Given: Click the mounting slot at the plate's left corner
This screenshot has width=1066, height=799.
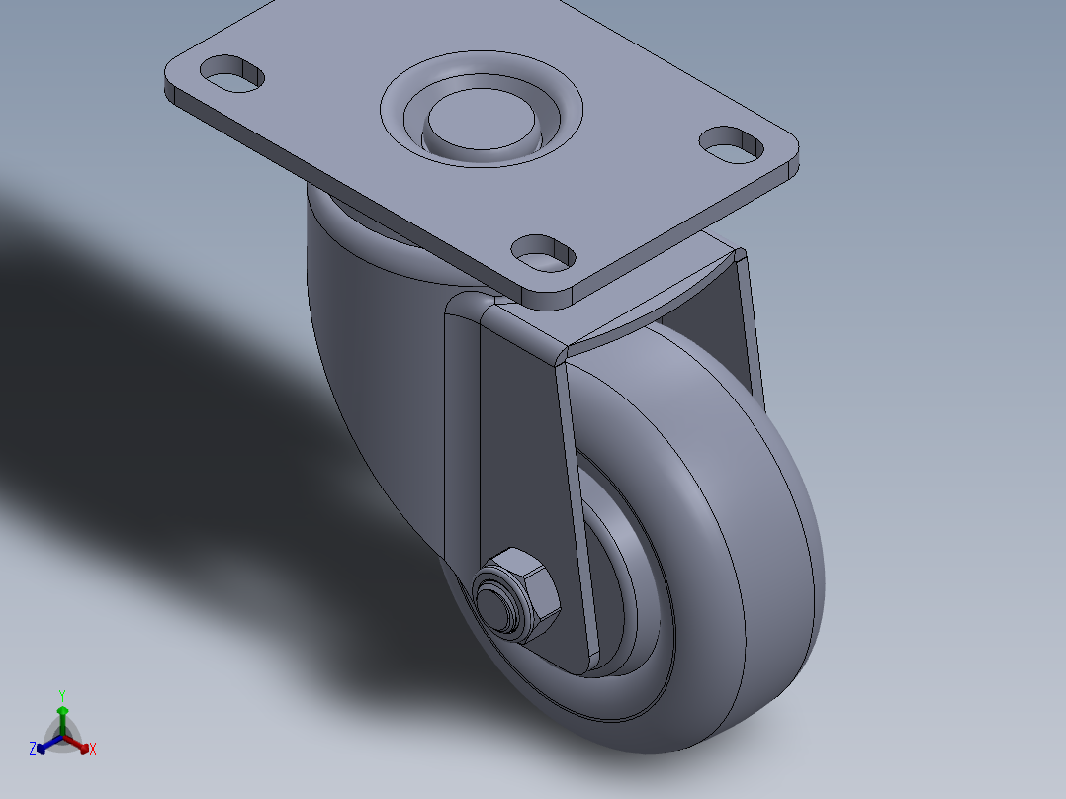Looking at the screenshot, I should pos(233,74).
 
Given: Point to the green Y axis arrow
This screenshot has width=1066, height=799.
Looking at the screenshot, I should pos(61,716).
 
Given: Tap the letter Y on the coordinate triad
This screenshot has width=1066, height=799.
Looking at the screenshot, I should pos(61,694).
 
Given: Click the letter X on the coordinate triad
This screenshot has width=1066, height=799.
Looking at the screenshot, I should pos(93,750).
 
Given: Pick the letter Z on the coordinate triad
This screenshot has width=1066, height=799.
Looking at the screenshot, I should pos(32,750).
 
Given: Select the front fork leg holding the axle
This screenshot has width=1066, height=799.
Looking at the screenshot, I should pos(524,445).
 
